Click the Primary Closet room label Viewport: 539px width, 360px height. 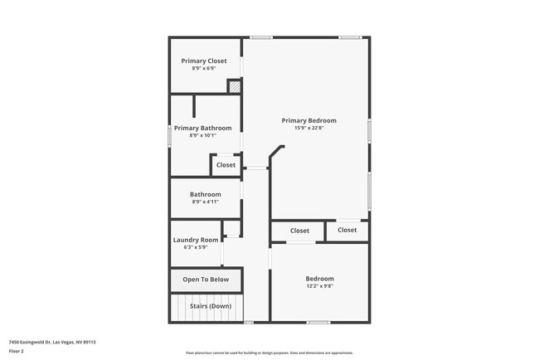[204, 61]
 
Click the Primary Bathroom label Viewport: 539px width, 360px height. [202, 128]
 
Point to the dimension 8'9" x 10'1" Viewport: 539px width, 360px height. [202, 135]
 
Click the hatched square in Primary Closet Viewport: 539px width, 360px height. [235, 85]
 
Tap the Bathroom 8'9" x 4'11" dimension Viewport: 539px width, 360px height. [206, 202]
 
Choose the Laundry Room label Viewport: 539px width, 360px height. [196, 240]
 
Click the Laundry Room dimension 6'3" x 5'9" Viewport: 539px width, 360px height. [196, 247]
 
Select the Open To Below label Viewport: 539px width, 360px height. [206, 280]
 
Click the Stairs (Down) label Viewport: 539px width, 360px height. [211, 306]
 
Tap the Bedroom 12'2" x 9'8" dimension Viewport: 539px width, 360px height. [319, 286]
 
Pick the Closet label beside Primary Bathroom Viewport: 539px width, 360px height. [226, 165]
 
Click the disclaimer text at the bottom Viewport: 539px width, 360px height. [269, 352]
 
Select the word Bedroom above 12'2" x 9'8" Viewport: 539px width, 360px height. [319, 279]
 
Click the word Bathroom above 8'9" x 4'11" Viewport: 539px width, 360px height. [206, 194]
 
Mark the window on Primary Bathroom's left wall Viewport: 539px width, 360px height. [170, 135]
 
